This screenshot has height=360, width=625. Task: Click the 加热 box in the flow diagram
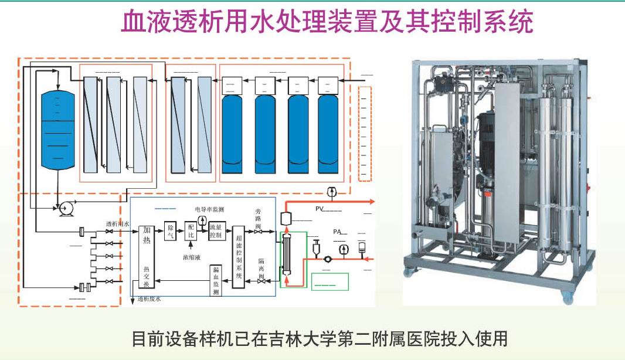[x=147, y=240]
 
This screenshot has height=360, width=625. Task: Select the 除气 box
[x=169, y=232]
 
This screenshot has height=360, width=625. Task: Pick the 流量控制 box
[x=215, y=232]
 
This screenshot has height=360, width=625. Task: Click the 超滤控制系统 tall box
[x=239, y=256]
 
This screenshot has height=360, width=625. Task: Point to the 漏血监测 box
[x=216, y=280]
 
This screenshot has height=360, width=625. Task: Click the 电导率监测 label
[x=210, y=209]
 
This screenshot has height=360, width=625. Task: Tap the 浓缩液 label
[x=192, y=257]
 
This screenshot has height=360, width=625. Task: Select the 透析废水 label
[x=149, y=298]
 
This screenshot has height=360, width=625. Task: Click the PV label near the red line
[x=320, y=208]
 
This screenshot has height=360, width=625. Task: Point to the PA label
[x=338, y=232]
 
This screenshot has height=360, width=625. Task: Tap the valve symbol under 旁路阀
[x=259, y=232]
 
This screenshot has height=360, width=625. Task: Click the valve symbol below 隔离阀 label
[x=260, y=281]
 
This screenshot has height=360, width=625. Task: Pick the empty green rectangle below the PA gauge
[x=330, y=281]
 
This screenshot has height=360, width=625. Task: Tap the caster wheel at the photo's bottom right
[x=567, y=298]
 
